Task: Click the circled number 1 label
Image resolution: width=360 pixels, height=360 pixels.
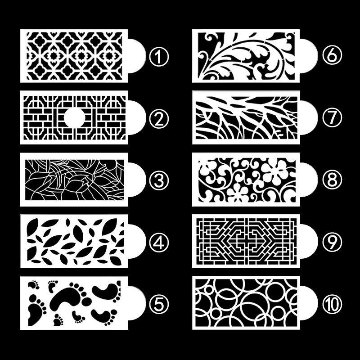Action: (x=159, y=56)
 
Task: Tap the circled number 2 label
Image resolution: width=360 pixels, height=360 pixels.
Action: (x=159, y=119)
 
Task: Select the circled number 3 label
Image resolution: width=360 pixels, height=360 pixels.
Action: (x=159, y=180)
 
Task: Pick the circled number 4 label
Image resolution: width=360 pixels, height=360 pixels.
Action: (x=159, y=242)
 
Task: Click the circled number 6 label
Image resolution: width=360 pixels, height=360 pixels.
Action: (x=332, y=54)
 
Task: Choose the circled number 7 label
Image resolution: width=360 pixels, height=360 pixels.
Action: (x=332, y=117)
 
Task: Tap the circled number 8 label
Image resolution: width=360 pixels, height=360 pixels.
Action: (x=332, y=180)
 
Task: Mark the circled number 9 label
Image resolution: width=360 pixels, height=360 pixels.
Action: (x=332, y=241)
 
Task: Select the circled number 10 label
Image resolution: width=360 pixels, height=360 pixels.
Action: (x=332, y=303)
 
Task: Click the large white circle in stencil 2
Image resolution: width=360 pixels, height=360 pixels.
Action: (x=74, y=117)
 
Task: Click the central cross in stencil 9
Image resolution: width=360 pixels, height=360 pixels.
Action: (x=246, y=241)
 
